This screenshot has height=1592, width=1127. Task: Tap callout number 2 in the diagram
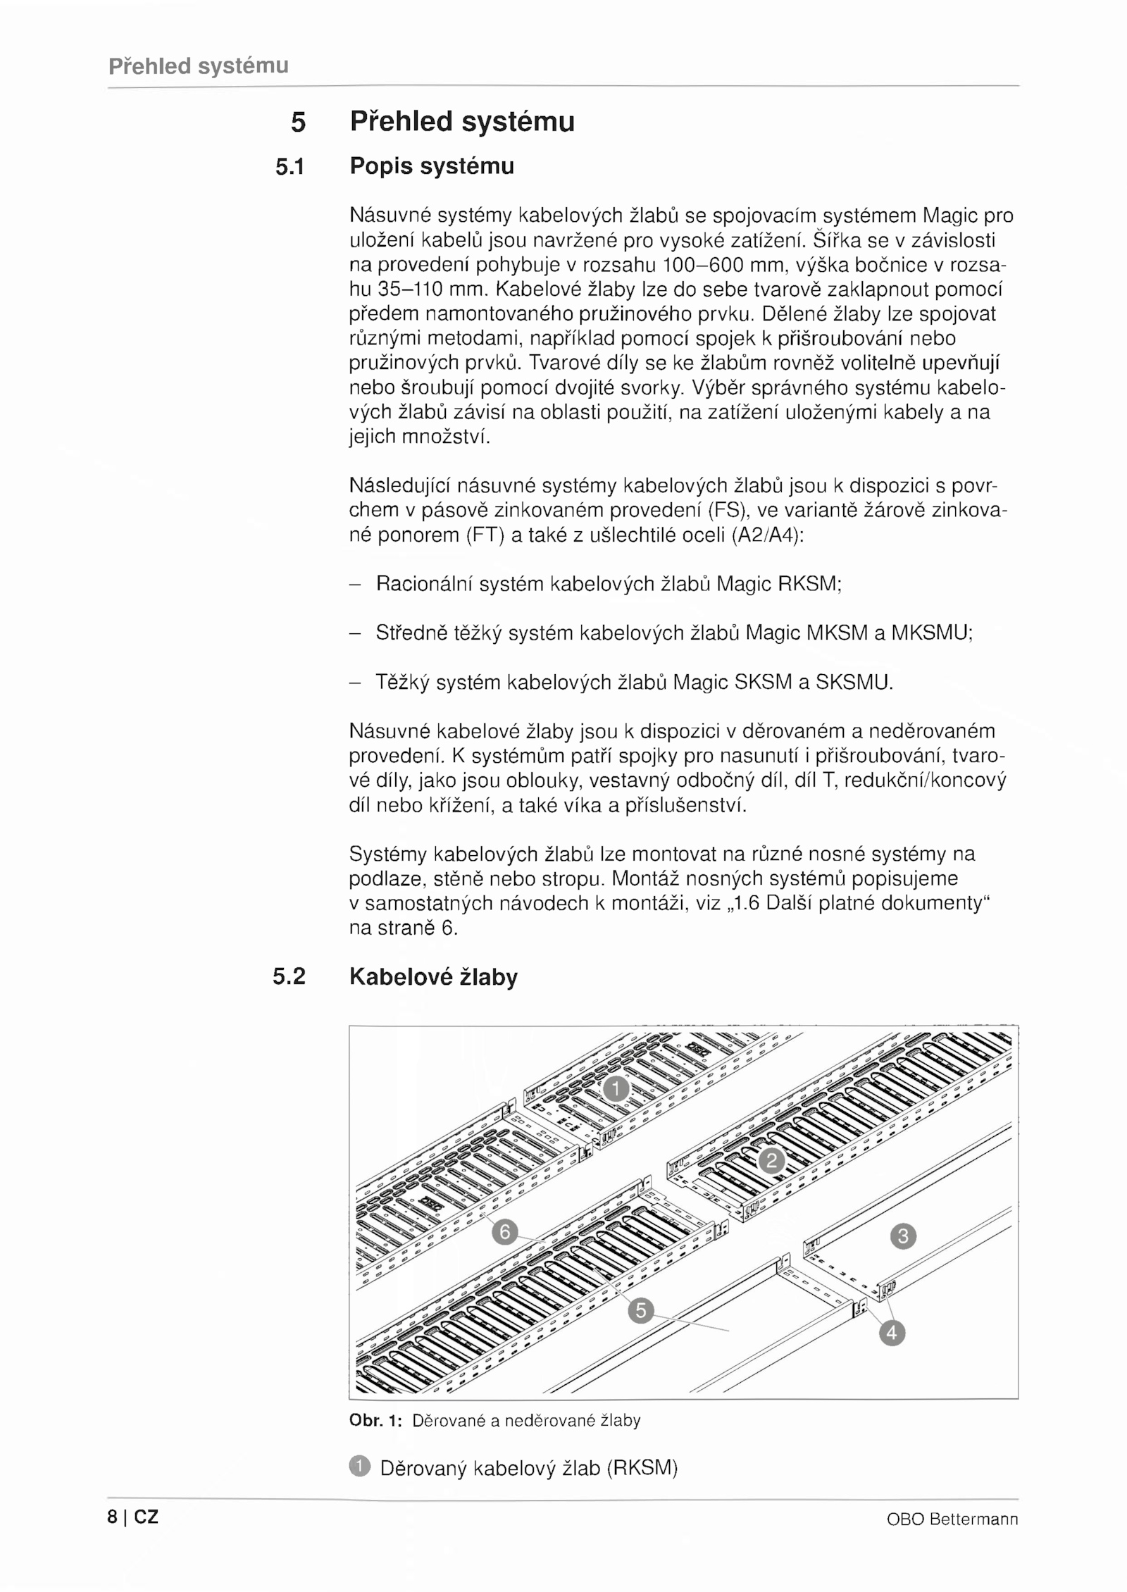pyautogui.click(x=771, y=1160)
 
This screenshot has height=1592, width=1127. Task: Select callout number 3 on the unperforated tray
pyautogui.click(x=904, y=1236)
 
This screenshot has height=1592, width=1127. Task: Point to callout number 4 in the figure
pyautogui.click(x=892, y=1333)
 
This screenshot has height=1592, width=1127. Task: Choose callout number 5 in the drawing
pyautogui.click(x=640, y=1311)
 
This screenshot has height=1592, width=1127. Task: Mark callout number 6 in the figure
pyautogui.click(x=504, y=1233)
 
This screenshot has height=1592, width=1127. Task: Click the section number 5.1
pyautogui.click(x=290, y=167)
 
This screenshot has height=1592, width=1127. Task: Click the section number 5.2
pyautogui.click(x=289, y=976)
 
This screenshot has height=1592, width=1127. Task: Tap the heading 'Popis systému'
pyautogui.click(x=432, y=166)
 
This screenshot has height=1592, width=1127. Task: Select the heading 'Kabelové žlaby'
pyautogui.click(x=433, y=977)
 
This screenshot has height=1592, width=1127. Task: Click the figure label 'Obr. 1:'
pyautogui.click(x=375, y=1421)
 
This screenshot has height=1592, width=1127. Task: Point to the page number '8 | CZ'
pyautogui.click(x=133, y=1517)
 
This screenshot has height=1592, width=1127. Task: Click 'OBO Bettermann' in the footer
pyautogui.click(x=952, y=1519)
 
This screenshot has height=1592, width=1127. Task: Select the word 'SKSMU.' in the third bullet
pyautogui.click(x=854, y=682)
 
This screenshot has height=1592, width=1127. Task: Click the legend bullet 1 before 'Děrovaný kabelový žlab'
pyautogui.click(x=359, y=1467)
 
